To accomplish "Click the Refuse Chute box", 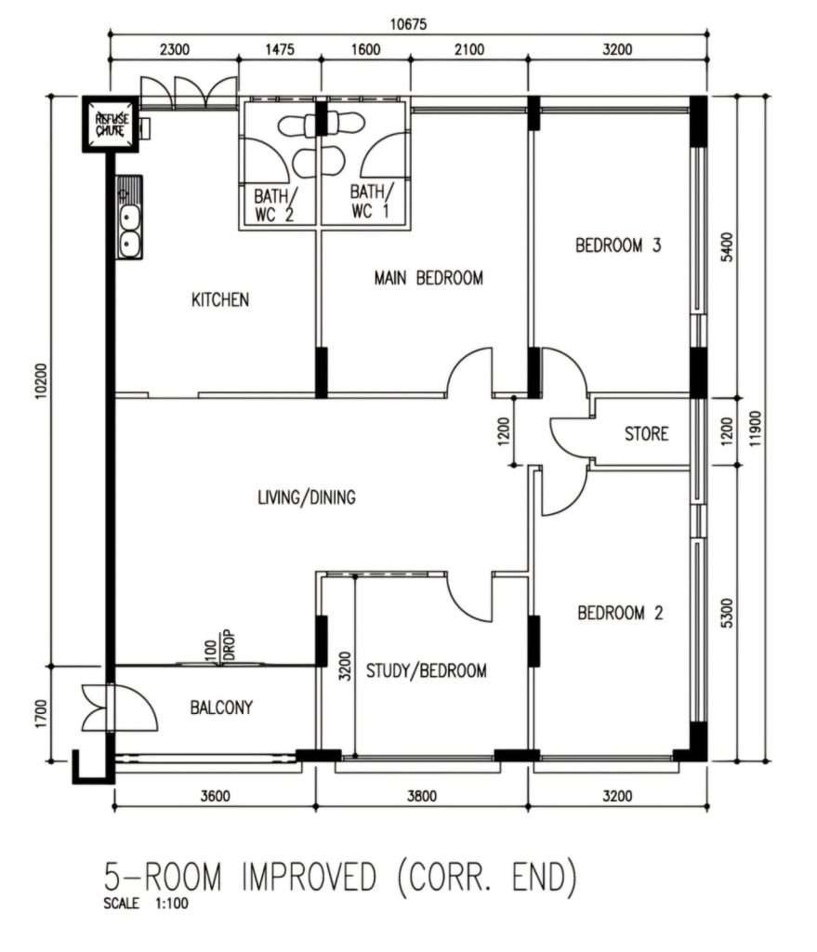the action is coord(111,124).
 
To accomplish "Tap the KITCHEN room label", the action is coord(220,299).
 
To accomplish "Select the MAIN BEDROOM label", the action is coord(428,278).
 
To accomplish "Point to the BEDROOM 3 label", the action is coord(618,245).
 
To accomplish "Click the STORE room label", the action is coord(646,433).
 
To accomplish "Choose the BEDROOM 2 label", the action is coord(620,613).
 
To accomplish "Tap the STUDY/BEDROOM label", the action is coord(426,670).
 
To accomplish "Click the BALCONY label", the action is coord(221,707).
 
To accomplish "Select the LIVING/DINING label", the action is coord(307,497).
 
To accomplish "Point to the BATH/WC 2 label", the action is coord(274,205).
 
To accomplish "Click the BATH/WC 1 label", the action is coord(370,201).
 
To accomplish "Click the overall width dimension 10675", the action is coord(408,24).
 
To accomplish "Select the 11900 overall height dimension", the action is coord(755,429).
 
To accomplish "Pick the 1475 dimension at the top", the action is coord(280,49).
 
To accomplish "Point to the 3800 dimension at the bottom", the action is coord(421,796).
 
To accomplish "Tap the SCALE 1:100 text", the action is coord(146,903).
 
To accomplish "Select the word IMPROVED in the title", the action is coord(309,877).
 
